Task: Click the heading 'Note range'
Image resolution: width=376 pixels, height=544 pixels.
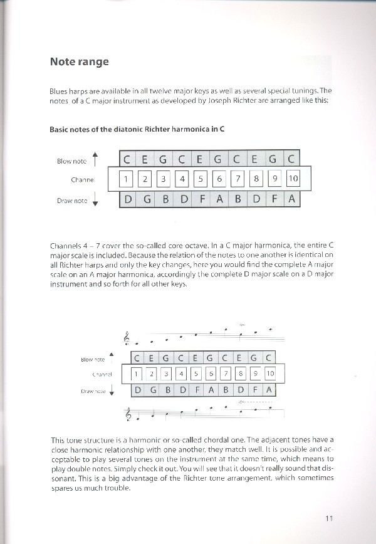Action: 79,61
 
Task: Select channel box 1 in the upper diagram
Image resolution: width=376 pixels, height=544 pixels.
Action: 125,180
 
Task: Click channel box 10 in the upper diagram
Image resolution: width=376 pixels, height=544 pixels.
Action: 293,180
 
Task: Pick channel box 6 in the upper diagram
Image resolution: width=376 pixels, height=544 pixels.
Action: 219,180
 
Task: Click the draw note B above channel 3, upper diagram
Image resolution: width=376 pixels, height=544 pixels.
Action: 164,200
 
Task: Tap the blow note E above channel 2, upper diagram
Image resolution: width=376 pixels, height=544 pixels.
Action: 145,160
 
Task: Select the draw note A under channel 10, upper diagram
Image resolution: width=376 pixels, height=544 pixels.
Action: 291,200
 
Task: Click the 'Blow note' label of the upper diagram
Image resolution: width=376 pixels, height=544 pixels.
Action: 72,161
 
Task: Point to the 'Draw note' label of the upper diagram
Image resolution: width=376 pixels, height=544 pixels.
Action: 72,201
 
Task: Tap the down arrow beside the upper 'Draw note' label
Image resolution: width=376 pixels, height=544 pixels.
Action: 95,201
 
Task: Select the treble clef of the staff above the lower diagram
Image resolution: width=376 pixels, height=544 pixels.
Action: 128,338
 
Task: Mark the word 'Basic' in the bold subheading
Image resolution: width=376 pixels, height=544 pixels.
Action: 60,130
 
